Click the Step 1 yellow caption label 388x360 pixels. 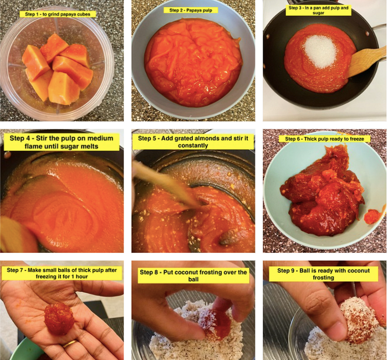[58, 14]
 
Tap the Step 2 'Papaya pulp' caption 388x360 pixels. [191, 10]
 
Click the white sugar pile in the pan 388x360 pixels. [321, 52]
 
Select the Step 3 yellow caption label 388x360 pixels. [319, 10]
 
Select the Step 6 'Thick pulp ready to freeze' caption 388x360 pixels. [324, 139]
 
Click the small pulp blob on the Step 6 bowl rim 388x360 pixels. [372, 216]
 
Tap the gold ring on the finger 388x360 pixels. [70, 344]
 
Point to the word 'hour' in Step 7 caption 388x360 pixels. [81, 276]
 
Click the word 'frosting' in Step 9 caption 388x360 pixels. [323, 277]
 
